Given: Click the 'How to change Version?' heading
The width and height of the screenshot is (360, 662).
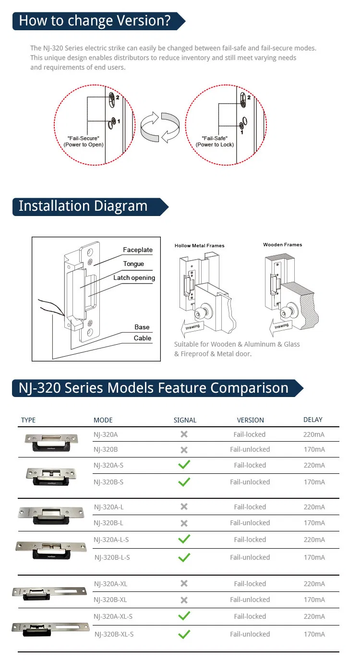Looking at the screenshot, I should [x=95, y=21].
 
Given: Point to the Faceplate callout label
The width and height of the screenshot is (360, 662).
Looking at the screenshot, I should [x=138, y=250].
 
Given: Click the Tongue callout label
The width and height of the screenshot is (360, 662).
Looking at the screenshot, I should [x=133, y=264].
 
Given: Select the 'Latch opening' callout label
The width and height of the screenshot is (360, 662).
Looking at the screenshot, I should [x=134, y=277].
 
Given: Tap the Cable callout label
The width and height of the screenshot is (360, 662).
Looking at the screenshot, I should [x=143, y=338].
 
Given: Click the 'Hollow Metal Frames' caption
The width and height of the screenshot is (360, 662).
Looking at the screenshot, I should [x=199, y=246].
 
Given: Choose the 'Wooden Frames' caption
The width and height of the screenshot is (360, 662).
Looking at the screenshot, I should [x=282, y=245].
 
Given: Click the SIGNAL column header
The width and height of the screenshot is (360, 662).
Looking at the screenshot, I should [x=185, y=420].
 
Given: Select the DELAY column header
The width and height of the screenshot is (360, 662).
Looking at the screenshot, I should [x=313, y=420].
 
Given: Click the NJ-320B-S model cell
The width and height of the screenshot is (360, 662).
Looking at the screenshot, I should [x=108, y=482].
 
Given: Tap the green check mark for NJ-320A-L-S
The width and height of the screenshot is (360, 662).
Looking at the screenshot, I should [x=184, y=539].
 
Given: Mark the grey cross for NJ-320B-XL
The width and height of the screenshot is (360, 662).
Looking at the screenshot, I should [x=184, y=600].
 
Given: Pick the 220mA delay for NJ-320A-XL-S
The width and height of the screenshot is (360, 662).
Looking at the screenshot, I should [x=314, y=616].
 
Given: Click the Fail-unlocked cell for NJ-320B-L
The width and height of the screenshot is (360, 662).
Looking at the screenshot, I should [x=250, y=523].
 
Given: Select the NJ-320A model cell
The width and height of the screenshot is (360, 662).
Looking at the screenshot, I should [x=106, y=434].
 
